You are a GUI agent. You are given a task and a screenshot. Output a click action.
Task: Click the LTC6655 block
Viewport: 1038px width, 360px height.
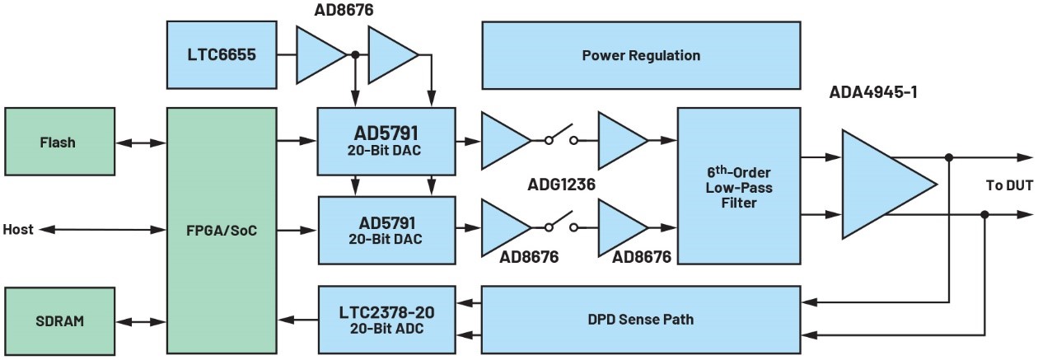221,55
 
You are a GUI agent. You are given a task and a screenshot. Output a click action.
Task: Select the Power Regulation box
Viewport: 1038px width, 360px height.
640,55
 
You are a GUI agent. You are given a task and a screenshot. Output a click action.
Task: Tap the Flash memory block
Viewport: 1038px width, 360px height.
57,143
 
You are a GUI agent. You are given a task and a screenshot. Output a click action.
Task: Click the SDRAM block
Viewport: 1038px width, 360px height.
57,320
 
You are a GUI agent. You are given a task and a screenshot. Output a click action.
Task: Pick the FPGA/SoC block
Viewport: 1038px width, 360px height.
222,231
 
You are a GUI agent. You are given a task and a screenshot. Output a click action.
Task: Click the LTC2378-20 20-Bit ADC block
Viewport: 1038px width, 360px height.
386,321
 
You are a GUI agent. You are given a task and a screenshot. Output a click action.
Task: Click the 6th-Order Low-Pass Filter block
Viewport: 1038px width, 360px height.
737,188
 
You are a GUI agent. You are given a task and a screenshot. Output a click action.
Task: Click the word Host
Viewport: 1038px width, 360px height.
18,230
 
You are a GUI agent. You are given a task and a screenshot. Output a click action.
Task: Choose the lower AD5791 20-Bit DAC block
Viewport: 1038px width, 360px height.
386,230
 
